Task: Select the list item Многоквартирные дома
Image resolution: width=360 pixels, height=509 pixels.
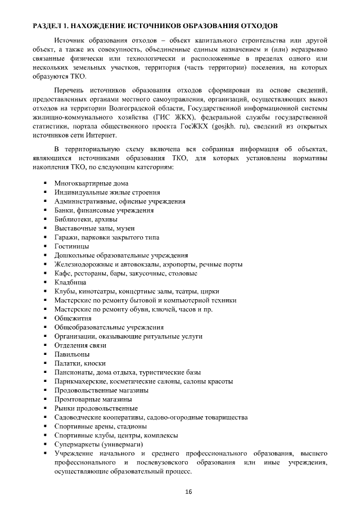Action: pos(91,183)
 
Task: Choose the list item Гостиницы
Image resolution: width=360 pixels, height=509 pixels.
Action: pos(71,246)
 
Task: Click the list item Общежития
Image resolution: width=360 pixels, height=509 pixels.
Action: pos(73,318)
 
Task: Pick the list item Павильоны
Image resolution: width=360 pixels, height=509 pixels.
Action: pos(71,354)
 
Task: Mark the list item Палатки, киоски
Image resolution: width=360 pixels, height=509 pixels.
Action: pos(80,363)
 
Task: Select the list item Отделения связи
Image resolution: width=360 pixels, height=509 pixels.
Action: pos(80,345)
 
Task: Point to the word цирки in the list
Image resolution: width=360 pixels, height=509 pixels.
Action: pos(209,291)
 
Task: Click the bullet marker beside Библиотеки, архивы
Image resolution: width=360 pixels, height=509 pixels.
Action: pos(44,219)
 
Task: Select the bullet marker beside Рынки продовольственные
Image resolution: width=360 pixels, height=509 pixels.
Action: pos(44,408)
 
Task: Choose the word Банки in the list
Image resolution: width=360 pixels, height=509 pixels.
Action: pos(65,210)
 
